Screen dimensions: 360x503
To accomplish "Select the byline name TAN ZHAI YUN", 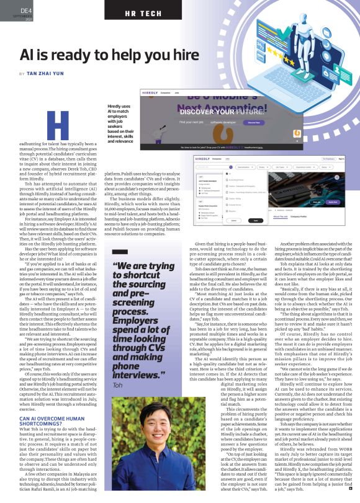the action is pyautogui.click(x=48, y=73).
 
